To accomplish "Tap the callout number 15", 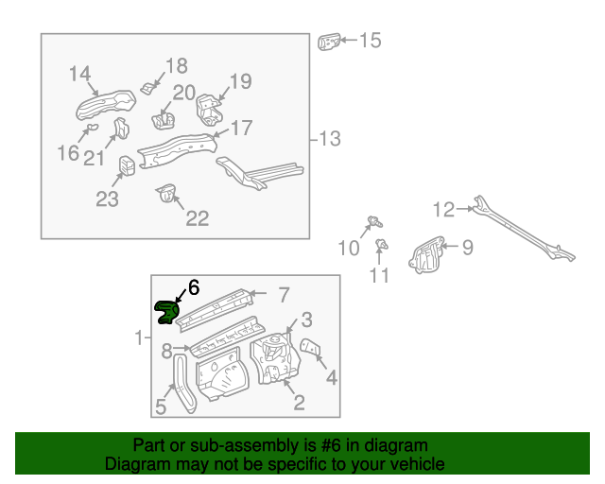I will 369,40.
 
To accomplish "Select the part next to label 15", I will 328,42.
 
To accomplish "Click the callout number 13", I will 328,139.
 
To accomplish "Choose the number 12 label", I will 443,209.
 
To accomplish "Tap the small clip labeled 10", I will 372,223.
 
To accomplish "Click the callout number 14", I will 79,74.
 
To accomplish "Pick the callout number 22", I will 196,218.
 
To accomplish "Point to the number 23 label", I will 108,199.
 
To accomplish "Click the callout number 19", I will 240,81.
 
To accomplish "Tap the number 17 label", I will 241,128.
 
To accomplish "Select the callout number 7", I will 283,294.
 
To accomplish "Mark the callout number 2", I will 299,404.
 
